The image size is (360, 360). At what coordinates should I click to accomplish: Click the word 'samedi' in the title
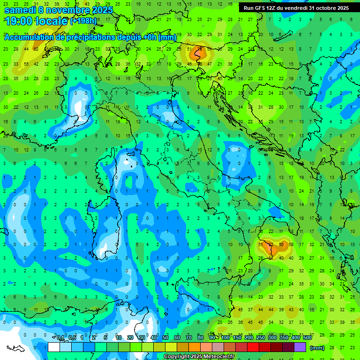20,10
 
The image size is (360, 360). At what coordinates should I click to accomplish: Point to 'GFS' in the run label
259,8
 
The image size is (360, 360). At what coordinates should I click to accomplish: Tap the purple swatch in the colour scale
300,347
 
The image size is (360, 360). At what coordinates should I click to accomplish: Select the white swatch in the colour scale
54,347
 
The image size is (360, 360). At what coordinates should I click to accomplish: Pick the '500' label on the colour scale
307,338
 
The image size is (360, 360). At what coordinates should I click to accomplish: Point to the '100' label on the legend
225,338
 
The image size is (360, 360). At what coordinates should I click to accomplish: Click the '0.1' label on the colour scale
60,338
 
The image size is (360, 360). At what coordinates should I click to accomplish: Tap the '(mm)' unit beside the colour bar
317,348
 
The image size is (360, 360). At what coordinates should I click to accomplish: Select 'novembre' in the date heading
67,10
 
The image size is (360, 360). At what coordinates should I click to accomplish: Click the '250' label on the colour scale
260,338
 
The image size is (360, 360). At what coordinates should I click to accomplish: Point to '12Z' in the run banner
271,8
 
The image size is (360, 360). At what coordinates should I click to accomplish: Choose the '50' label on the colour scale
165,338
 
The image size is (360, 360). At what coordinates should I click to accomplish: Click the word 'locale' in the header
52,22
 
